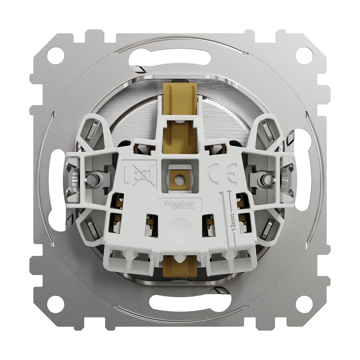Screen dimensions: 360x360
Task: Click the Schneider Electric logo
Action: pyautogui.click(x=179, y=204)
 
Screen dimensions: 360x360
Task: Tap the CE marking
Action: pyautogui.click(x=223, y=174)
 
